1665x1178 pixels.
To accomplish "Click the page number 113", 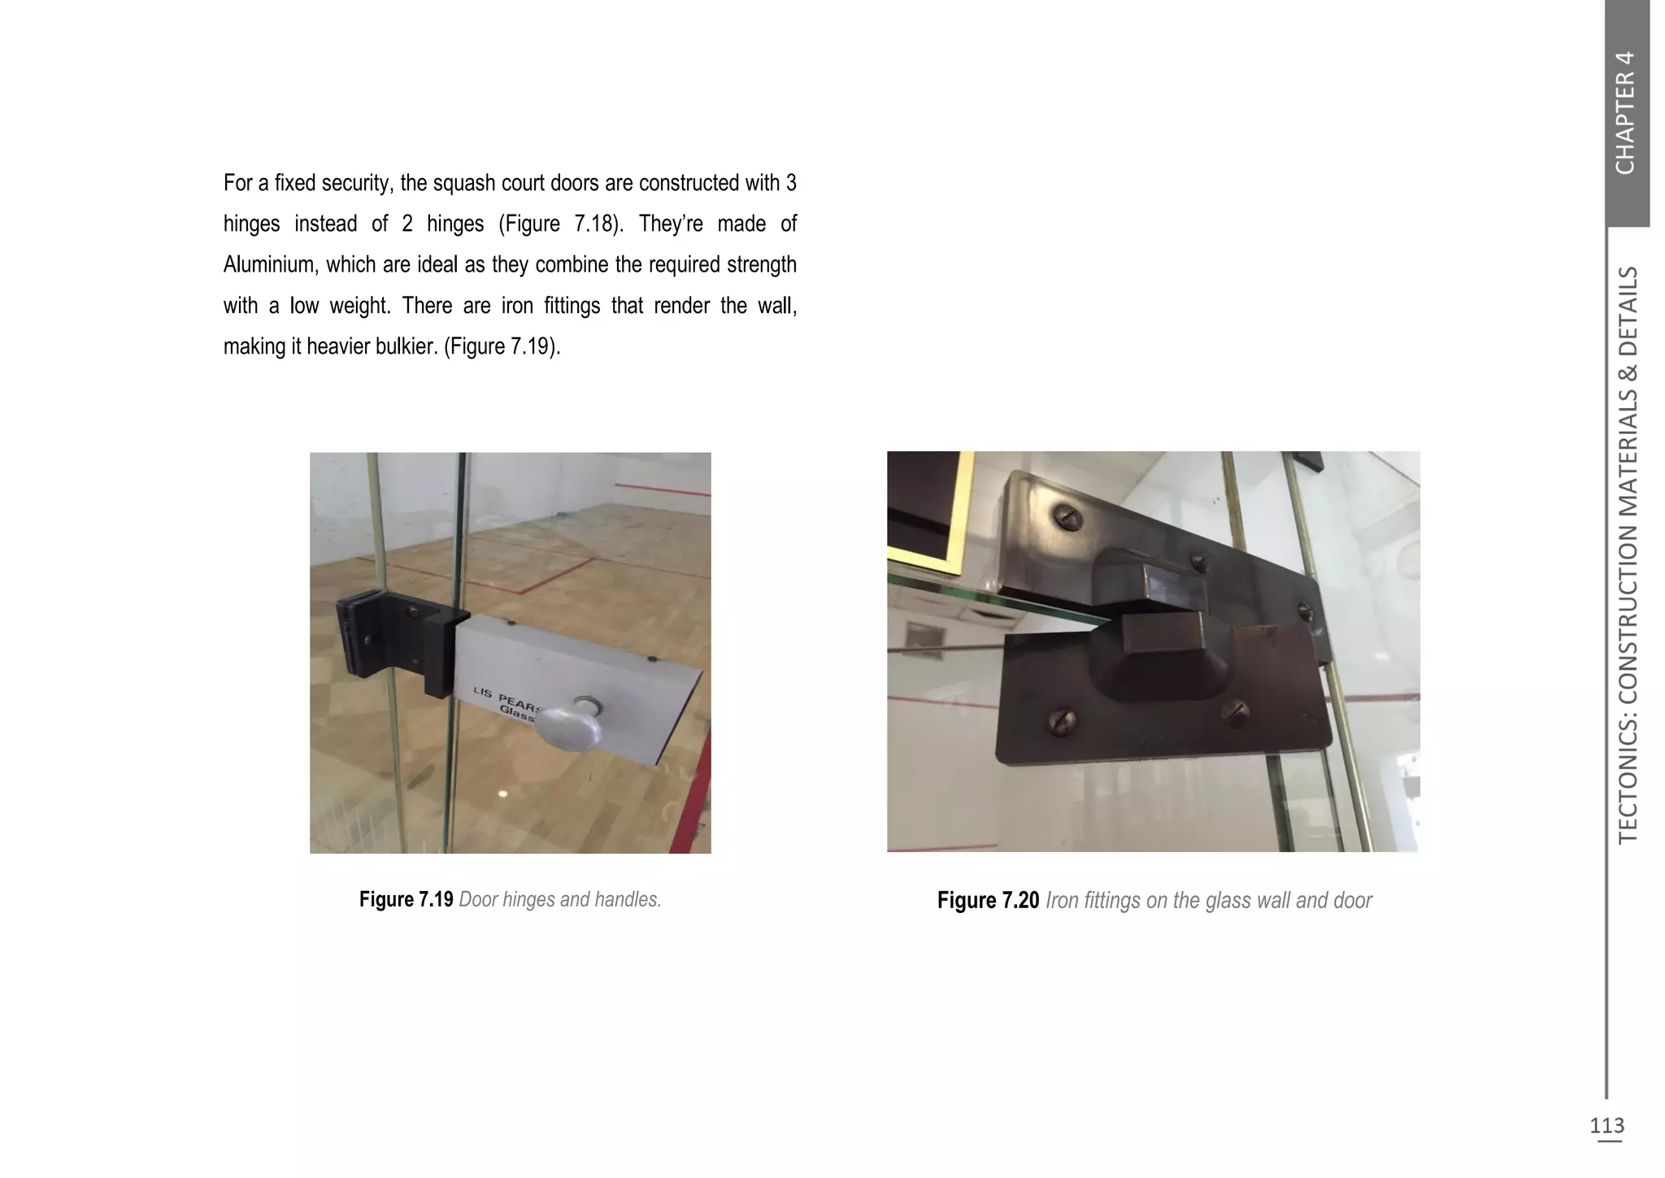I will coord(1606,1125).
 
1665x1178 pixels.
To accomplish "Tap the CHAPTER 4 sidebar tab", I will coord(1626,112).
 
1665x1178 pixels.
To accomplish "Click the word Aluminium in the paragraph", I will coord(268,265).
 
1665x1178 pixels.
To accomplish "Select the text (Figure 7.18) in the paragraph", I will coord(560,224).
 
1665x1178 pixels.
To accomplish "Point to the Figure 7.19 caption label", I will coord(406,900).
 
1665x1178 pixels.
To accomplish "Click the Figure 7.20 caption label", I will coord(988,901).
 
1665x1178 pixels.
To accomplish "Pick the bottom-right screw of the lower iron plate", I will coord(1235,713).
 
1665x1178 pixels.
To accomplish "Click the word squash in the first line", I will coord(463,183).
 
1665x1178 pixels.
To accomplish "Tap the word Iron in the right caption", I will coord(1060,901).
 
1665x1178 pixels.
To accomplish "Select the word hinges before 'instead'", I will coord(251,224).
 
